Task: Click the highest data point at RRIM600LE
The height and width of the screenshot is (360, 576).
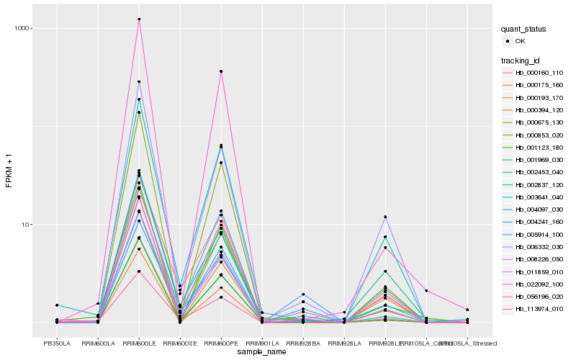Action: coord(139,19)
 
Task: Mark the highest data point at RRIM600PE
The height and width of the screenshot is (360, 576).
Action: coord(221,71)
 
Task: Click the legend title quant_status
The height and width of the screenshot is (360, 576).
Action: coord(524,29)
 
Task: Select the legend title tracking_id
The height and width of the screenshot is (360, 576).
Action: coord(522,60)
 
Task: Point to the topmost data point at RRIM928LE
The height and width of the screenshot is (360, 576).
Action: coord(385,217)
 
